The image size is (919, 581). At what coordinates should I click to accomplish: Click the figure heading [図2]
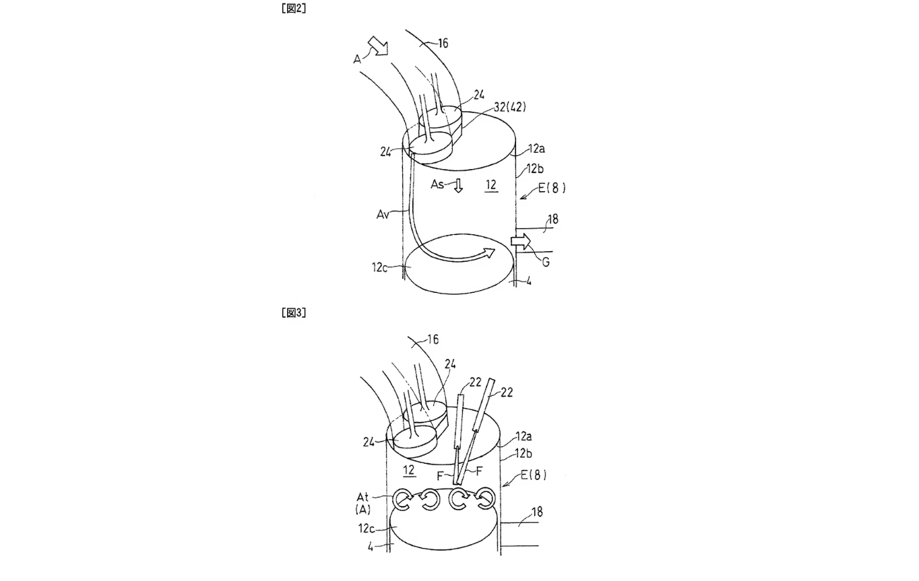[294, 8]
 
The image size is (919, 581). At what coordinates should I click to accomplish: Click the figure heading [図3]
[294, 313]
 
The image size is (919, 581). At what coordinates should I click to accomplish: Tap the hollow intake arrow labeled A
[378, 46]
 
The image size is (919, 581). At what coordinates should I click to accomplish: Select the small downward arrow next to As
[458, 185]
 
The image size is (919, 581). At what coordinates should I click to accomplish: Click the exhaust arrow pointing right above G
[521, 241]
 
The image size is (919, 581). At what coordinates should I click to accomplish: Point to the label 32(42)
[510, 108]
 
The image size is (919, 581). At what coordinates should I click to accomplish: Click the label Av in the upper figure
[383, 214]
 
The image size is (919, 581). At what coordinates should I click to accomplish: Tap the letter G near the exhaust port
[546, 262]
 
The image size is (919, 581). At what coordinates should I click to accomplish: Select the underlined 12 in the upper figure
[491, 185]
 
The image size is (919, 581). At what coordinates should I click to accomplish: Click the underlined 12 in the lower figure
[408, 470]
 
